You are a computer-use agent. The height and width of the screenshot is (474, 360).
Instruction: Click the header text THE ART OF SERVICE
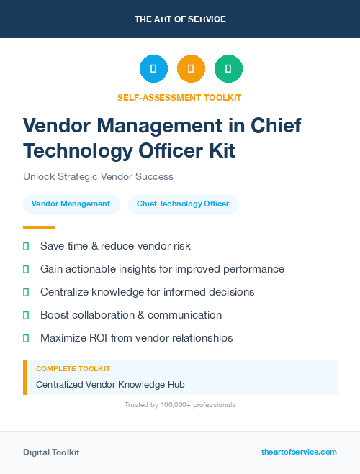point(179,19)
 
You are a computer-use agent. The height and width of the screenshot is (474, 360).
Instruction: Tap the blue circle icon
point(153,69)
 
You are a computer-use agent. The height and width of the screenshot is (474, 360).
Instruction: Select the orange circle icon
point(191,69)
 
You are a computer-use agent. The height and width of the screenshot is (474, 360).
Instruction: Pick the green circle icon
point(228,69)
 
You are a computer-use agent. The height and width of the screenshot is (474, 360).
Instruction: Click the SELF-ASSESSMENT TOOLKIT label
point(179,97)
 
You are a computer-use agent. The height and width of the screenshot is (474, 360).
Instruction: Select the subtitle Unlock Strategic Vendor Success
point(98,176)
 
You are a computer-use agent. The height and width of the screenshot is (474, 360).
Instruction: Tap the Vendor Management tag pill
point(71,204)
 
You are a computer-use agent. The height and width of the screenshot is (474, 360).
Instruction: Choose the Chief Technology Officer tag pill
point(183,204)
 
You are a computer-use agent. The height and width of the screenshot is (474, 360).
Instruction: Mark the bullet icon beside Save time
point(26,246)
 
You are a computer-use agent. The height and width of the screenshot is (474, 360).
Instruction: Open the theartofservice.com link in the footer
point(299,452)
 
